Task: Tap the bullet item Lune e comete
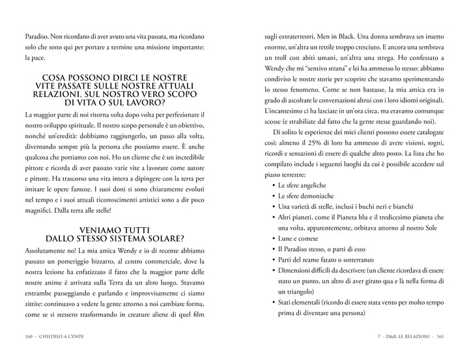tap(299, 239)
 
